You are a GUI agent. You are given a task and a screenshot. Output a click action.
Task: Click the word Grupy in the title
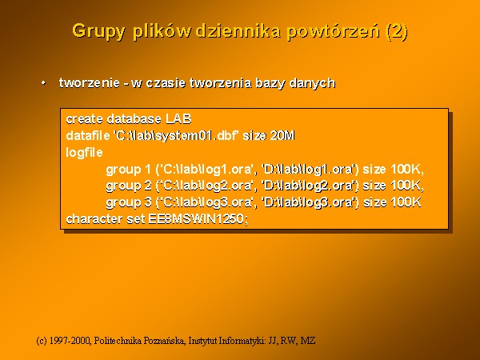tap(99, 31)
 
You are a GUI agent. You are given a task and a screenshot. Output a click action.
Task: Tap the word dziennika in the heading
tap(238, 30)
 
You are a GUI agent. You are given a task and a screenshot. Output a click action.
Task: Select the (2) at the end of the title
tap(398, 31)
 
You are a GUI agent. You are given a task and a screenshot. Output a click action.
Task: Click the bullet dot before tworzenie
tap(44, 83)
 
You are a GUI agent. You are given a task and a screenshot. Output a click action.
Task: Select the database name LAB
tap(178, 118)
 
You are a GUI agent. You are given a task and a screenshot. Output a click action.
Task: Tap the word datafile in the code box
tap(88, 135)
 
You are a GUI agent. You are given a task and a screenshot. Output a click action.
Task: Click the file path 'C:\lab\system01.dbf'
tap(176, 135)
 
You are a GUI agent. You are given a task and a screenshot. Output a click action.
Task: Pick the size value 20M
tap(282, 135)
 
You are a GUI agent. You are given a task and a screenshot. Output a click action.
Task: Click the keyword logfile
tap(84, 153)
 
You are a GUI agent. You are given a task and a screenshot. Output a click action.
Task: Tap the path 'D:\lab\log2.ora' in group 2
tap(308, 186)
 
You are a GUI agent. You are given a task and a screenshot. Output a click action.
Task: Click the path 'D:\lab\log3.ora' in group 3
tap(308, 202)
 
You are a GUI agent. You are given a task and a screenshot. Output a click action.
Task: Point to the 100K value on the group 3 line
tap(406, 202)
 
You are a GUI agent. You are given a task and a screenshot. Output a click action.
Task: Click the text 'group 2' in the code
tap(129, 186)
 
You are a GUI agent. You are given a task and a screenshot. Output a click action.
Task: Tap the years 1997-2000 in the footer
tap(70, 341)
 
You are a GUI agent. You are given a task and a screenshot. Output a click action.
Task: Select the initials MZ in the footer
tap(308, 341)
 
